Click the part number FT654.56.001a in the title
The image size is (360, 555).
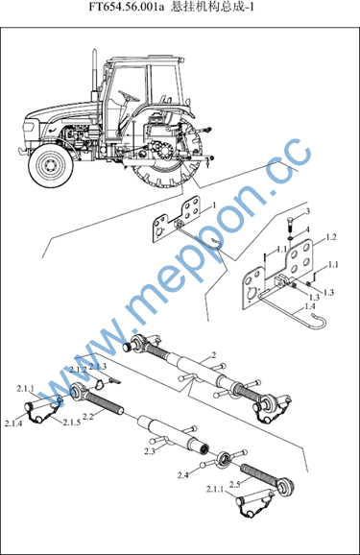[127, 8]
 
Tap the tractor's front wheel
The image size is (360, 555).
[52, 166]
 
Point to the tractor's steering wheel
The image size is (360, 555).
[129, 96]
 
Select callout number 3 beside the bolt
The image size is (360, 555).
[307, 211]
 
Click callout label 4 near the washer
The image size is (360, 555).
[307, 229]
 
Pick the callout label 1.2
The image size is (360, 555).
[331, 237]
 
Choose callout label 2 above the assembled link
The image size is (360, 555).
[213, 355]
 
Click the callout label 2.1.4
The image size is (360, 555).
[13, 423]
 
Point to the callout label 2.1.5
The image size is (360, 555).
[72, 422]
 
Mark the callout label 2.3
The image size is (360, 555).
[150, 451]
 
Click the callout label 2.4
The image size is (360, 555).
[183, 475]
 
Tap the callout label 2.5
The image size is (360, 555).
[235, 484]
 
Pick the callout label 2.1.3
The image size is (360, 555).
[98, 367]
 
